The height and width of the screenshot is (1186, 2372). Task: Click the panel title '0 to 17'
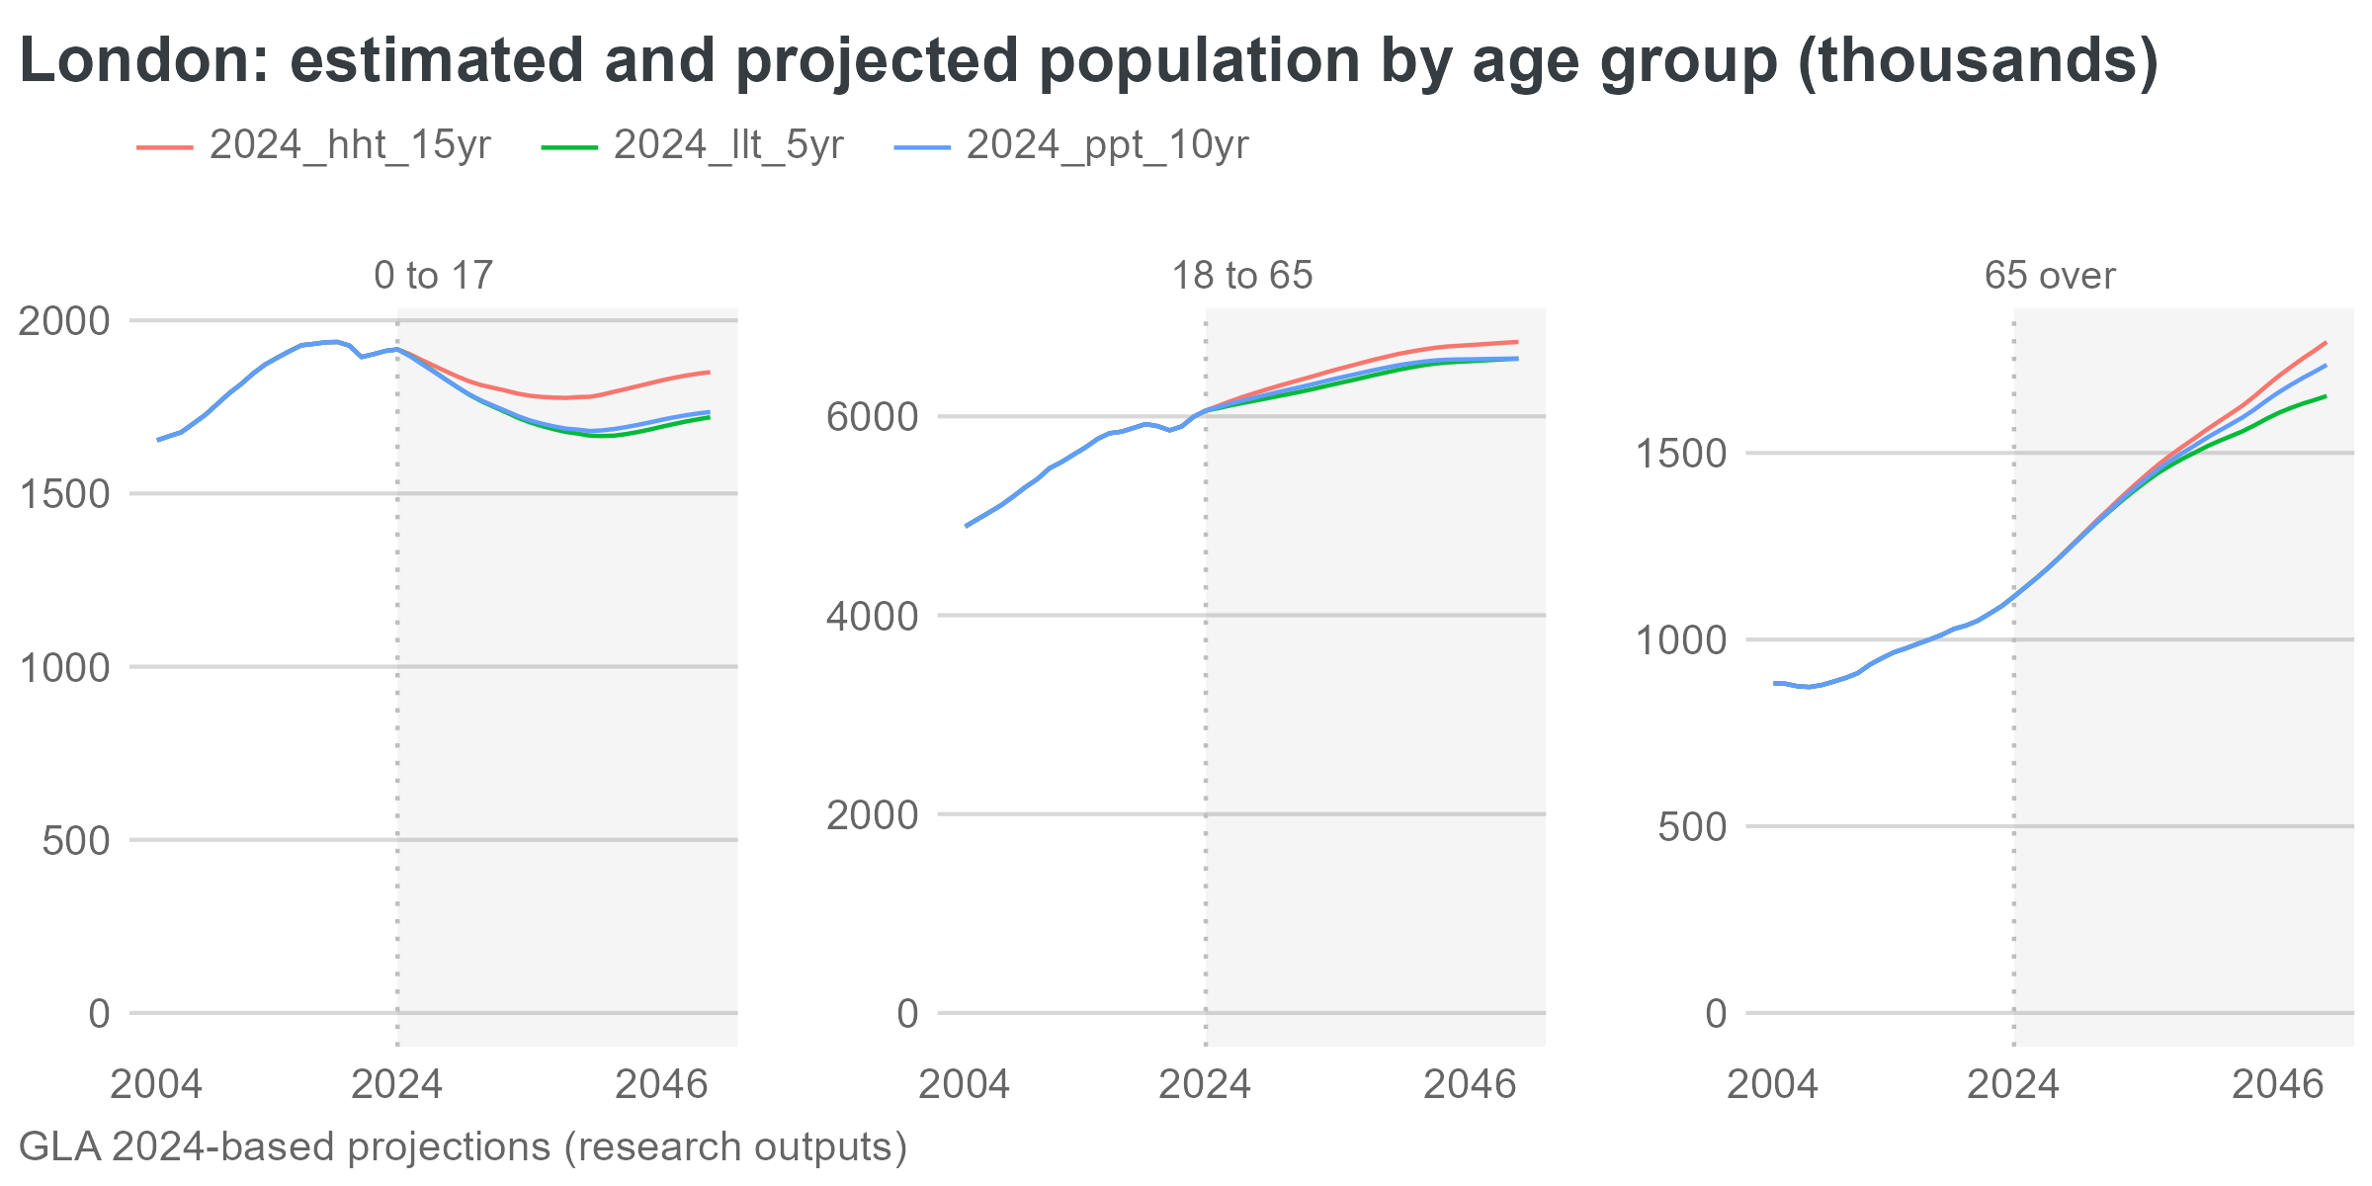(433, 276)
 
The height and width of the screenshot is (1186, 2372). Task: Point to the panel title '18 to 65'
(1241, 276)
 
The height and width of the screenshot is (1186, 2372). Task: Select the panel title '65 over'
(2050, 276)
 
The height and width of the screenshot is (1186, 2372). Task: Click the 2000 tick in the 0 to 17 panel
(64, 321)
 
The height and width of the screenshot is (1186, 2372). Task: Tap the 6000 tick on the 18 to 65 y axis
(872, 417)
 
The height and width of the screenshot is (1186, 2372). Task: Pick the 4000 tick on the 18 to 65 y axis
(872, 617)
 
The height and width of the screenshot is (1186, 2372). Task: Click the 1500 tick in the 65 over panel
(1680, 455)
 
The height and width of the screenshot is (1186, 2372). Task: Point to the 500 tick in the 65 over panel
(1692, 827)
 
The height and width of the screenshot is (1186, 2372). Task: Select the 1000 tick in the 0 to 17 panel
(64, 668)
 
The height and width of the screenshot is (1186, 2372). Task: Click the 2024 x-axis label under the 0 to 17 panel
(397, 1085)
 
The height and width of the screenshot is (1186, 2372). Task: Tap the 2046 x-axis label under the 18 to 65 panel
(1469, 1085)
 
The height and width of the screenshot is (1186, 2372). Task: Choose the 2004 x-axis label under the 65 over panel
(1772, 1085)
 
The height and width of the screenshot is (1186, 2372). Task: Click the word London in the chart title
(138, 61)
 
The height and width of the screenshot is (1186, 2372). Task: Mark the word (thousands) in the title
(1977, 61)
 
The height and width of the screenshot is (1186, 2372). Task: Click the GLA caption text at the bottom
(463, 1147)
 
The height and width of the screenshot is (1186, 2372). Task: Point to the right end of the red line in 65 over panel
(2326, 343)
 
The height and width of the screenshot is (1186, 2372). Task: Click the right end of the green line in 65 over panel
(2326, 396)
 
